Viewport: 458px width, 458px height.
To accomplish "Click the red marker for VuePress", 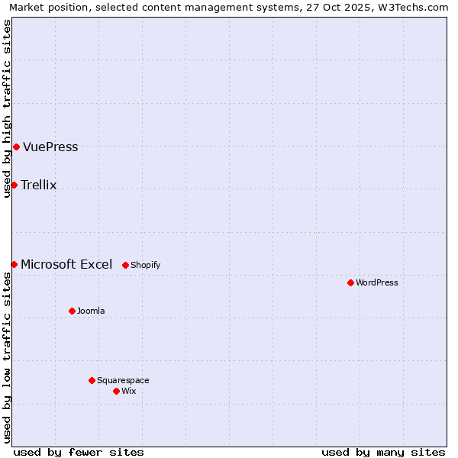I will point(16,147).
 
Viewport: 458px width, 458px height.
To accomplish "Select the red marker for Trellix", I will point(14,185).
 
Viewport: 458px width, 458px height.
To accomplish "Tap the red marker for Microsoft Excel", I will point(14,264).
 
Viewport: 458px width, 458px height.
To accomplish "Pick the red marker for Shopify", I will point(126,265).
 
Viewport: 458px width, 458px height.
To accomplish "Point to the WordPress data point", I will point(350,282).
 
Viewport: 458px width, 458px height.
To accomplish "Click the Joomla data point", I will point(72,311).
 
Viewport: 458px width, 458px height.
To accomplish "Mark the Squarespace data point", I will point(92,380).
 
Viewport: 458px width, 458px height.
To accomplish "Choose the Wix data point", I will point(116,391).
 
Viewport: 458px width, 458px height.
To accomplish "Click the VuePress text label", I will point(50,147).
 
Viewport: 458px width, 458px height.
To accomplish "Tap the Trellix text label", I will point(39,185).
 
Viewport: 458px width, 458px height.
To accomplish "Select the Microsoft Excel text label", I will point(66,265).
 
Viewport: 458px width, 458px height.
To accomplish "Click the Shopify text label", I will point(146,266).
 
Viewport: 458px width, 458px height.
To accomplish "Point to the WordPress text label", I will point(377,283).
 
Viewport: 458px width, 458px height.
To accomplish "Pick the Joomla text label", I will point(91,311).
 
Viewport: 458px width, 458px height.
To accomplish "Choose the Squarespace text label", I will point(123,381).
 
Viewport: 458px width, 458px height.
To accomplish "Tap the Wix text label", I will point(129,392).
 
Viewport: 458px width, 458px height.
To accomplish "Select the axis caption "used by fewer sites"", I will point(79,452).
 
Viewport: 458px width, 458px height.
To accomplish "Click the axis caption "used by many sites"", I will point(383,452).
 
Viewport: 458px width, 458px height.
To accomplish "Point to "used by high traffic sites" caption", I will point(8,108).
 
